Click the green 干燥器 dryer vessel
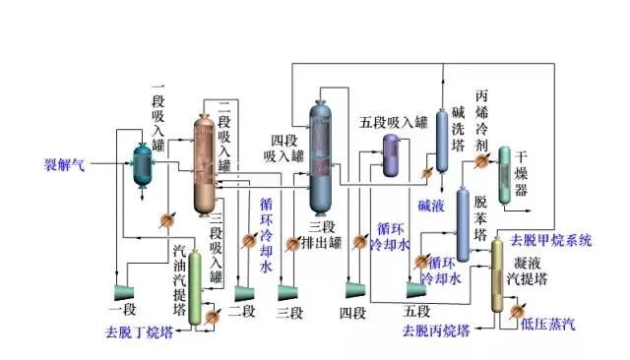point(504,175)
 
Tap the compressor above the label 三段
point(288,291)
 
